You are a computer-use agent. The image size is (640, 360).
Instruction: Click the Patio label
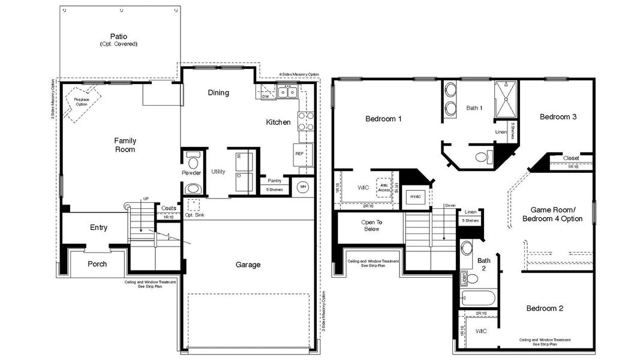click(x=118, y=37)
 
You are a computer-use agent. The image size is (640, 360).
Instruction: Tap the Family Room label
click(x=125, y=145)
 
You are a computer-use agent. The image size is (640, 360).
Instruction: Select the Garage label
click(x=248, y=265)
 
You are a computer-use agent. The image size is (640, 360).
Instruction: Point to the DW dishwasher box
click(x=265, y=95)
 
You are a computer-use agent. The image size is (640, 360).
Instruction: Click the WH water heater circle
click(x=302, y=186)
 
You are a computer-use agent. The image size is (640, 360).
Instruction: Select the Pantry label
click(x=275, y=181)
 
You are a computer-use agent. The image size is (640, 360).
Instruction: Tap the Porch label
click(x=97, y=264)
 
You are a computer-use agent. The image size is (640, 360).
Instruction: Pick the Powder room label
click(x=191, y=173)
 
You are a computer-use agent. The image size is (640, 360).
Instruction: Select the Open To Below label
click(x=371, y=226)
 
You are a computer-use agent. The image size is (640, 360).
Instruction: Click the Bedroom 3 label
click(x=558, y=117)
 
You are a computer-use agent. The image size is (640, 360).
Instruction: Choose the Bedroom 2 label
click(x=545, y=308)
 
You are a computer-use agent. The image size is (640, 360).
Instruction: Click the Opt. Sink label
click(x=194, y=215)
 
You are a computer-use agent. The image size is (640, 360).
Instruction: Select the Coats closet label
click(x=169, y=209)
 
